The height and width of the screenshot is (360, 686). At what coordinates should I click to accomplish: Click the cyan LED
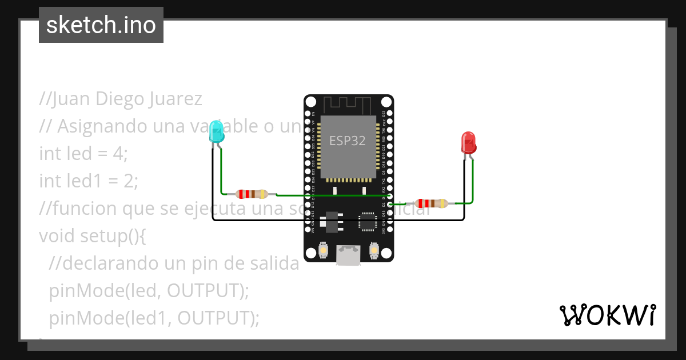point(217,131)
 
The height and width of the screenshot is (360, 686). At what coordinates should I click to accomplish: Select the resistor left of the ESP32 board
point(252,194)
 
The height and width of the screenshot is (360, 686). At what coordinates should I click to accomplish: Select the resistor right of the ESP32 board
point(432,203)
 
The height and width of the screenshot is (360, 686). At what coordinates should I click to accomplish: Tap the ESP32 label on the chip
point(347,141)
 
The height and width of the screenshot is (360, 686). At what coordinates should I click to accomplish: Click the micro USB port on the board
point(349,255)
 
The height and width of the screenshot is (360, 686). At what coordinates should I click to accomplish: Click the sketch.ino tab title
point(101,25)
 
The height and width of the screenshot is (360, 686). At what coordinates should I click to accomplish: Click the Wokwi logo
point(607,315)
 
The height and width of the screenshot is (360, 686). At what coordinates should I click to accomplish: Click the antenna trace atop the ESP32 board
point(348,105)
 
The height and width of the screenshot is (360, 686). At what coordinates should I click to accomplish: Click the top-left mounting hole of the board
point(310,102)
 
